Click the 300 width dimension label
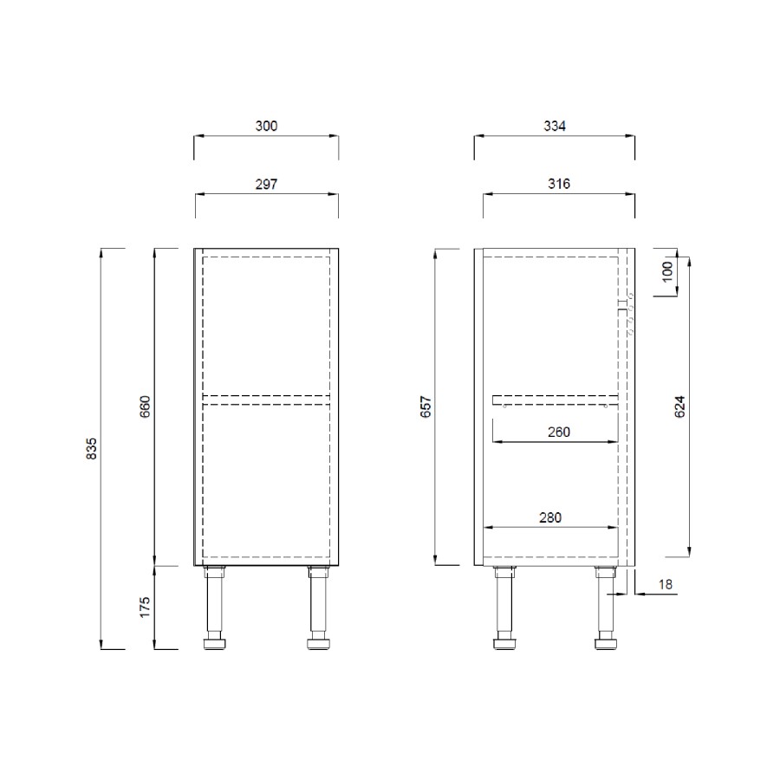point(266,127)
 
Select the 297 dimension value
point(266,184)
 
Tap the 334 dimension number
point(554,127)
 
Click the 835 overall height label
point(93,448)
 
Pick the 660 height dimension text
point(146,406)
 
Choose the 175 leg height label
point(146,607)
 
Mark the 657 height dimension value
point(426,406)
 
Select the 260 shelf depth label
point(559,432)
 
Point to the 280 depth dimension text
point(549,517)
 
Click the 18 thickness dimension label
point(665,584)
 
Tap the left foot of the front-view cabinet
point(213,644)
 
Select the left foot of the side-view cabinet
point(503,644)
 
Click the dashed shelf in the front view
point(266,400)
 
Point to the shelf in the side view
point(555,400)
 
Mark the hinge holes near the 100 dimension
point(627,314)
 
